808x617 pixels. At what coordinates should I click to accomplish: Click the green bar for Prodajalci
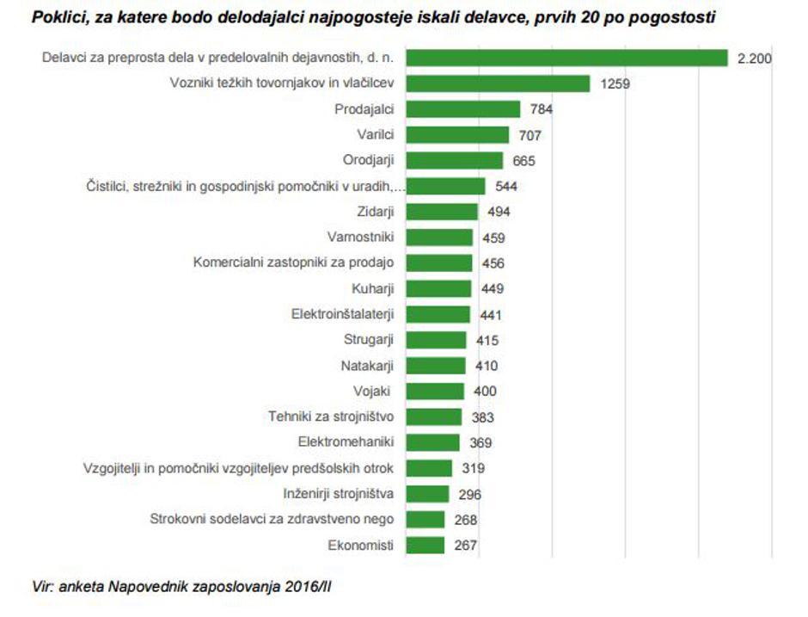[x=462, y=109]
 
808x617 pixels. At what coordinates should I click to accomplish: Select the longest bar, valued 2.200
[x=567, y=58]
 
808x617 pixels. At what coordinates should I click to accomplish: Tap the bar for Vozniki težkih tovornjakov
[x=498, y=83]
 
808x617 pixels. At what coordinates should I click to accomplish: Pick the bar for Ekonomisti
[x=425, y=545]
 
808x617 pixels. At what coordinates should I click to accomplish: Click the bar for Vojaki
[x=434, y=392]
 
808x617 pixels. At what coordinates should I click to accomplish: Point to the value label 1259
[x=616, y=84]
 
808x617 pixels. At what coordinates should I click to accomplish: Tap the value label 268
[x=465, y=520]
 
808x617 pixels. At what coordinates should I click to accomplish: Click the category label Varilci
[x=375, y=135]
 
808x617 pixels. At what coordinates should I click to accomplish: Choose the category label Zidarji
[x=375, y=212]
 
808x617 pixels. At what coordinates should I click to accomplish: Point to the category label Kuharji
[x=373, y=288]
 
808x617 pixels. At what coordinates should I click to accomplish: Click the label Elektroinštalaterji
[x=343, y=314]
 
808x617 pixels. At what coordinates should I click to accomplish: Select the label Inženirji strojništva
[x=339, y=494]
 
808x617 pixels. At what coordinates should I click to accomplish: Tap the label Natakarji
[x=367, y=366]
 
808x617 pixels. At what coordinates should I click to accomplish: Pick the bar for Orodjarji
[x=454, y=161]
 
